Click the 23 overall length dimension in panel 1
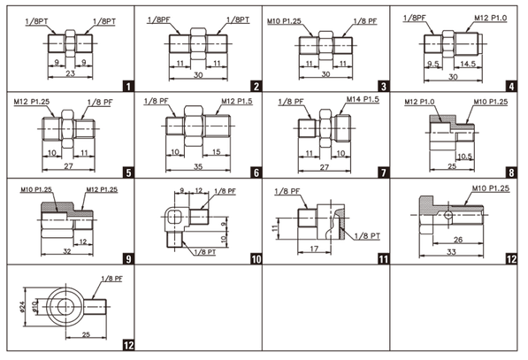[70, 73]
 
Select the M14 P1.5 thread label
[363, 99]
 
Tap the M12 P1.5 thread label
[237, 101]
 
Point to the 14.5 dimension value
[468, 64]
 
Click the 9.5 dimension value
[433, 64]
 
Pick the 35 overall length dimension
[198, 166]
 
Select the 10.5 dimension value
[464, 157]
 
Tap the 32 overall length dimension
[67, 251]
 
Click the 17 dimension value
[314, 249]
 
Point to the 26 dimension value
[458, 240]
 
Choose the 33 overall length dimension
[451, 252]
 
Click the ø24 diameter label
[22, 307]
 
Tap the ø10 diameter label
[34, 306]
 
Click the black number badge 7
[384, 172]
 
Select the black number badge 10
[256, 259]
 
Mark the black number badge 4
[511, 87]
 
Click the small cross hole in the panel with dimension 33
[448, 215]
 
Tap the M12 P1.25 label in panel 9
[102, 189]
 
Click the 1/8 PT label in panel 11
[367, 236]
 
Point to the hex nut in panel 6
[194, 126]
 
